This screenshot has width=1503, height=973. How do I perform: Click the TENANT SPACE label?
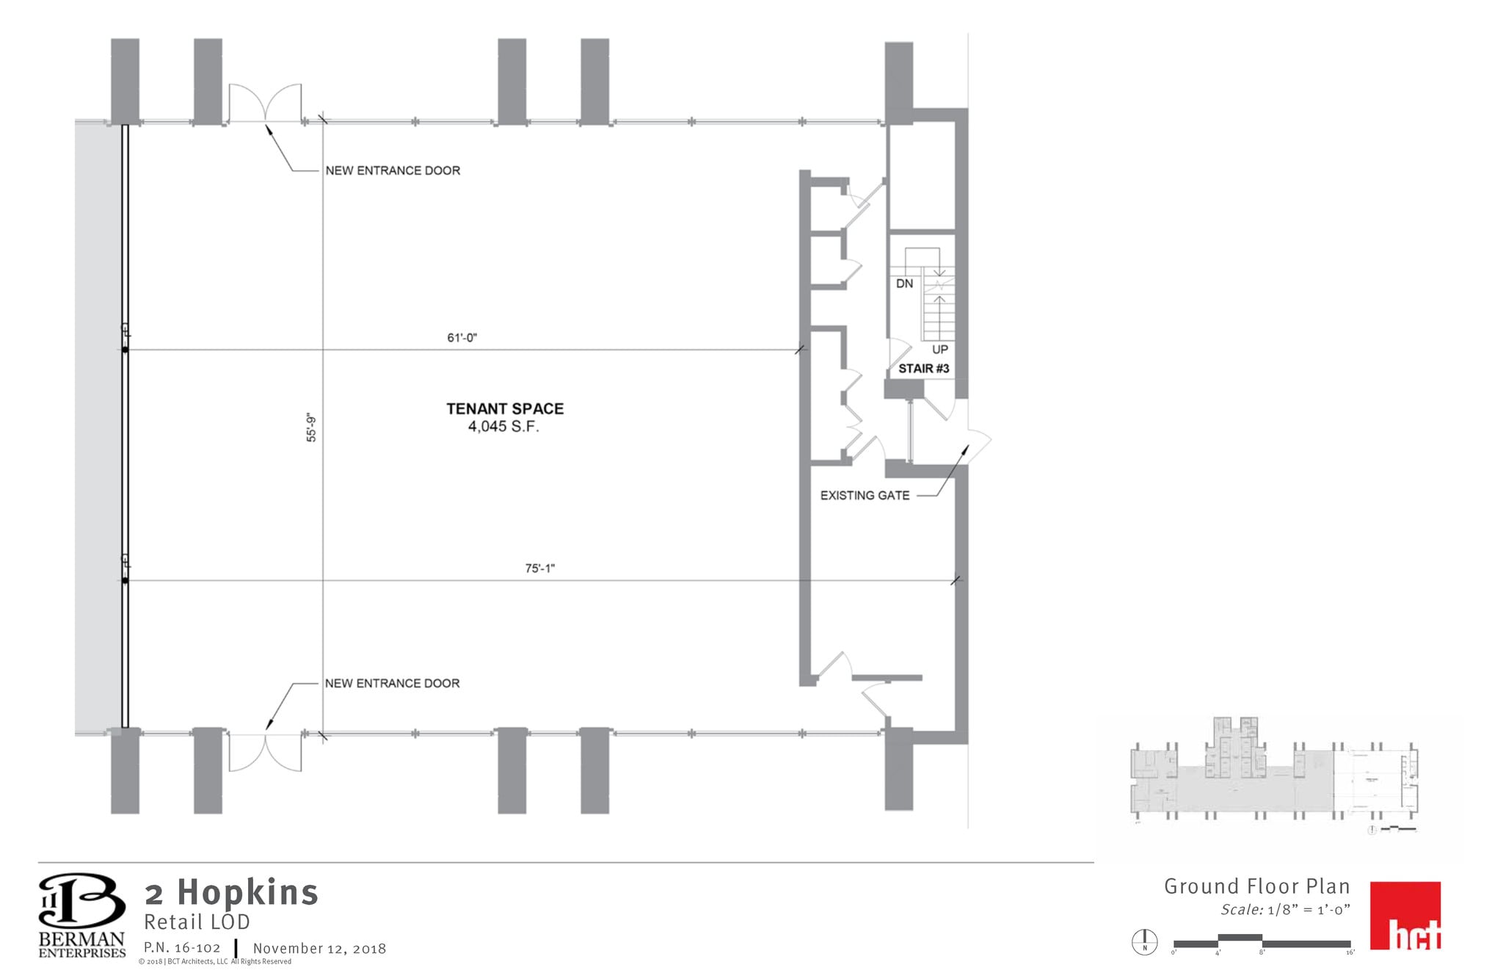point(505,409)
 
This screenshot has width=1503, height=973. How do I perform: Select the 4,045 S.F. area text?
point(503,427)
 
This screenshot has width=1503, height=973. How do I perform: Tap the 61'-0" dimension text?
point(462,338)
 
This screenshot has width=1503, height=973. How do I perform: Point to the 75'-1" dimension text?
point(539,568)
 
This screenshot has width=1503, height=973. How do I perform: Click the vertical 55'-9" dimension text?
point(312,428)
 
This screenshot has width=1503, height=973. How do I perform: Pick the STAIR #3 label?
point(923,369)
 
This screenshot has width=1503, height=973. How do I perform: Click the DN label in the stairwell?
point(904,283)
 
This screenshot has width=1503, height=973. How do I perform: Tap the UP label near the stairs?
point(939,350)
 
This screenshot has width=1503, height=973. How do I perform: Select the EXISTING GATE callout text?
point(865,496)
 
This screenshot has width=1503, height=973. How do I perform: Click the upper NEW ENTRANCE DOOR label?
point(393,170)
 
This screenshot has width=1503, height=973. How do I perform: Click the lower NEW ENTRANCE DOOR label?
point(393,684)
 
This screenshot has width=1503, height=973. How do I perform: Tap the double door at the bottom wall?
point(265,751)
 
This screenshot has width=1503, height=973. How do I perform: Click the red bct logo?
point(1405,916)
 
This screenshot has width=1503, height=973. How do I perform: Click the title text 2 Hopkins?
point(232,893)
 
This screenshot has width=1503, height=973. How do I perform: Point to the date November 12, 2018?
point(319,949)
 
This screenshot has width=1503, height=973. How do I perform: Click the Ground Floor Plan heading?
point(1256,886)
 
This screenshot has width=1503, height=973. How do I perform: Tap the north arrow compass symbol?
point(1144,942)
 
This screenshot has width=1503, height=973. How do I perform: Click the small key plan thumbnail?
point(1275,778)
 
